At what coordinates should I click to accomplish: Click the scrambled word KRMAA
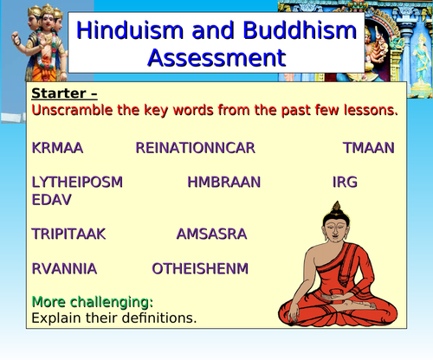tap(57, 148)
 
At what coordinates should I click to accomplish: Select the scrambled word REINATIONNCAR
tap(195, 148)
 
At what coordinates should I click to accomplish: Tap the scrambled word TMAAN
tap(369, 148)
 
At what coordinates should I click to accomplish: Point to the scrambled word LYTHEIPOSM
tap(77, 182)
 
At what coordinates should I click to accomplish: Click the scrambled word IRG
tap(345, 182)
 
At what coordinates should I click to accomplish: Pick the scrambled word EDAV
tap(51, 200)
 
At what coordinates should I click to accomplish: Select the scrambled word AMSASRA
tap(211, 234)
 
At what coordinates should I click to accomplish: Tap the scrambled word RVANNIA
tap(64, 268)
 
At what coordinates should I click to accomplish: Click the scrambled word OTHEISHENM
tap(200, 268)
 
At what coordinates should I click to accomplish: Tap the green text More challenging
tap(92, 302)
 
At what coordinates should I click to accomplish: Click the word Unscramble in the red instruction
tap(73, 110)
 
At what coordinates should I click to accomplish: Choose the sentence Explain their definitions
tap(113, 318)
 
